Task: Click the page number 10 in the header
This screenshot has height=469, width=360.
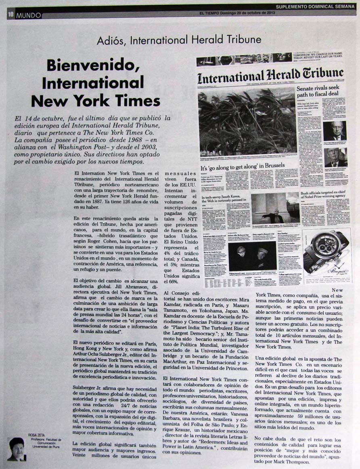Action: (x=10, y=15)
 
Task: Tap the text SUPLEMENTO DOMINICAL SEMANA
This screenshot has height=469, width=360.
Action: (x=316, y=6)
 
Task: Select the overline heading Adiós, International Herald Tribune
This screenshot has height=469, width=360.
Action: (x=179, y=40)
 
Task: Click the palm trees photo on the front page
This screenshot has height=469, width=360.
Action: (x=247, y=121)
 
